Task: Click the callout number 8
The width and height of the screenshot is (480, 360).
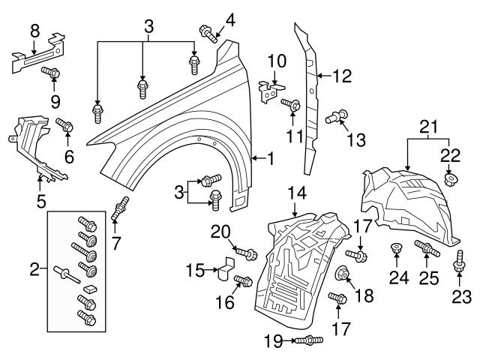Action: (34, 30)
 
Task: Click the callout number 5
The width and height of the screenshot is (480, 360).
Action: (40, 200)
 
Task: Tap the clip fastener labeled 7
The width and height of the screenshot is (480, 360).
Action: (118, 208)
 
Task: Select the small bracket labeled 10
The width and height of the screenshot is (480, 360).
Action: (267, 92)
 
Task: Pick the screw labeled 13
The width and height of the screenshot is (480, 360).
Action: (337, 116)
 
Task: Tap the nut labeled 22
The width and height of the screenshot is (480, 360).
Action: (451, 179)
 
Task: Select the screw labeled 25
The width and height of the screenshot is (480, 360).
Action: (424, 248)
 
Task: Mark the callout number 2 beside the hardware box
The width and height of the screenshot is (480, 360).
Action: (34, 268)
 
